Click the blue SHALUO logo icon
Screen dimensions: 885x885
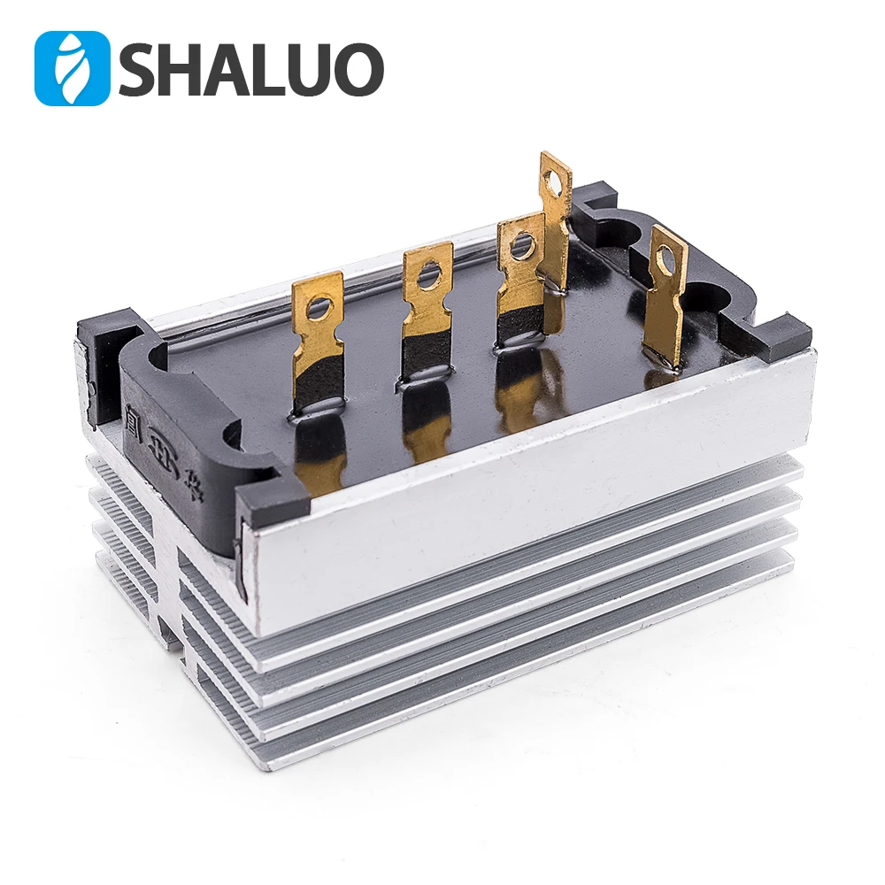point(72,68)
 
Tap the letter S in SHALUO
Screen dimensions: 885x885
point(141,69)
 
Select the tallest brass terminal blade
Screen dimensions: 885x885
point(556,221)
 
